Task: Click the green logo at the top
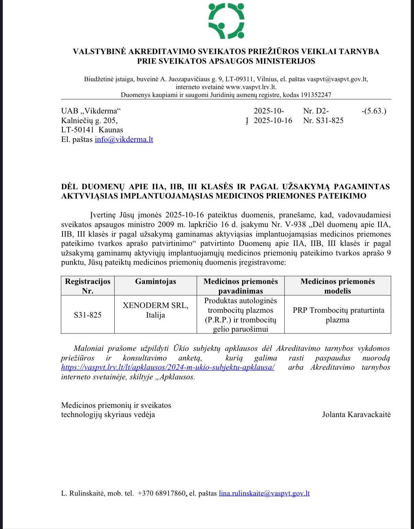pyautogui.click(x=227, y=21)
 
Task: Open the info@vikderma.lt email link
pyautogui.click(x=124, y=140)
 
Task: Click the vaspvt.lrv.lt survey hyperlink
pyautogui.click(x=168, y=367)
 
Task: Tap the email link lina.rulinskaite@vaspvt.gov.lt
pyautogui.click(x=264, y=494)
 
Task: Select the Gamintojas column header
pyautogui.click(x=156, y=282)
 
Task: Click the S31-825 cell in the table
pyautogui.click(x=88, y=315)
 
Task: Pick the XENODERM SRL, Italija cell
pyautogui.click(x=156, y=310)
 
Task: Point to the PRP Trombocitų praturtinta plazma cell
pyautogui.click(x=338, y=315)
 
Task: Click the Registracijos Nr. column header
pyautogui.click(x=88, y=286)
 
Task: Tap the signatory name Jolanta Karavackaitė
pyautogui.click(x=356, y=414)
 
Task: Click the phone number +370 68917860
pyautogui.click(x=161, y=494)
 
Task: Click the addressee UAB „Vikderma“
pyautogui.click(x=91, y=111)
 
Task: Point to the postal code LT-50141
pyautogui.click(x=78, y=130)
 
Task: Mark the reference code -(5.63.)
pyautogui.click(x=374, y=111)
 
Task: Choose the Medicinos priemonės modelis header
pyautogui.click(x=338, y=286)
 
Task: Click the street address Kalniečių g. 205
pyautogui.click(x=89, y=120)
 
